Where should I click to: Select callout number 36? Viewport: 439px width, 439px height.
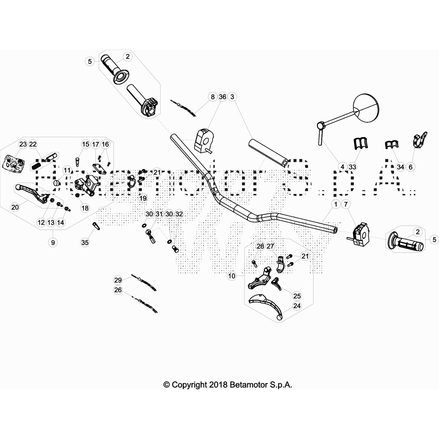tap(223, 97)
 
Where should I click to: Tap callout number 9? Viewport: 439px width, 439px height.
tap(53, 243)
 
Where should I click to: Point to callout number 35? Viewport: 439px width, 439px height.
tap(85, 243)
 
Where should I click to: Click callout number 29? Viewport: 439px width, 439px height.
tap(118, 280)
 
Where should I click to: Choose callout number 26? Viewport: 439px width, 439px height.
tap(118, 290)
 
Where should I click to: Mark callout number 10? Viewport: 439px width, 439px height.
tap(232, 276)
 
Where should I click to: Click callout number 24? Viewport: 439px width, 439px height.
tap(297, 306)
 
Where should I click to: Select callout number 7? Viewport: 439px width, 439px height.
tap(346, 204)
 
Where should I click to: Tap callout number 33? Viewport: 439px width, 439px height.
tap(352, 167)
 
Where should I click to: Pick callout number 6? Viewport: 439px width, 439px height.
tap(410, 167)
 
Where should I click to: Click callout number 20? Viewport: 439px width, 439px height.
tap(15, 207)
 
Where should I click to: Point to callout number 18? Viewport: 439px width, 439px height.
tap(85, 208)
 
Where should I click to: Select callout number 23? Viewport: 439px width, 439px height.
tap(23, 144)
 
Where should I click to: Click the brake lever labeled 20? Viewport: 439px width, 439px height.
tap(30, 192)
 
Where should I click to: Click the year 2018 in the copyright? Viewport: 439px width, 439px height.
tap(218, 385)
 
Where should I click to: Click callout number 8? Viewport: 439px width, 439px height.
tap(213, 97)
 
